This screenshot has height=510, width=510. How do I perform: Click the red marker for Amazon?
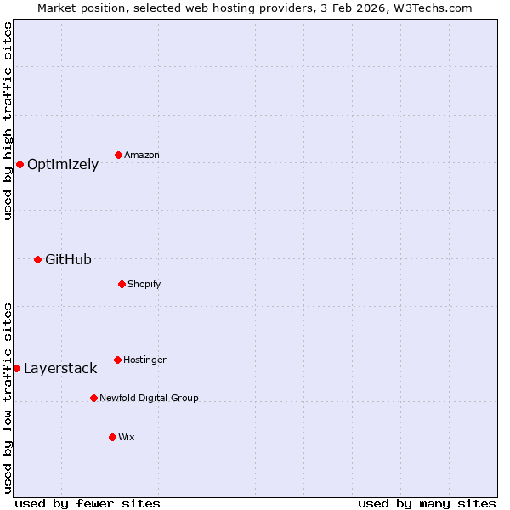point(118,155)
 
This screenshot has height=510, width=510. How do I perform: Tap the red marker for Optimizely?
point(20,164)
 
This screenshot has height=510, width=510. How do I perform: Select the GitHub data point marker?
point(37,259)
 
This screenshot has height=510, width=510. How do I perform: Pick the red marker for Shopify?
point(122,284)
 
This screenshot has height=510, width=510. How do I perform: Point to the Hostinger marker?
point(117,360)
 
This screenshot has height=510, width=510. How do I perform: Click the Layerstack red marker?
point(16,368)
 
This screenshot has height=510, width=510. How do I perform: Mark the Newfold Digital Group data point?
point(93,398)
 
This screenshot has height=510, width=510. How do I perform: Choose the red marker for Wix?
point(112,437)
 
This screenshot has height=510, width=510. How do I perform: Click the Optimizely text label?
point(63,165)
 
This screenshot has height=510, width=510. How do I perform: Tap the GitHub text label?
point(68,260)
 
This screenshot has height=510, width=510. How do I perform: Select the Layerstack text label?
point(60,369)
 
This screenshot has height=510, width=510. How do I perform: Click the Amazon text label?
point(142,156)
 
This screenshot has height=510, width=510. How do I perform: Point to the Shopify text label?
point(144,284)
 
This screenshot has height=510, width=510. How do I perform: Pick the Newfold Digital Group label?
point(149,398)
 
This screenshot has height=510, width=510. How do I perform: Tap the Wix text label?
point(127,437)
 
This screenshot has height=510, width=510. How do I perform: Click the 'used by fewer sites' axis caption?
point(88,503)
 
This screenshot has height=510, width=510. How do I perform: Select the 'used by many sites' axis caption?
point(427,503)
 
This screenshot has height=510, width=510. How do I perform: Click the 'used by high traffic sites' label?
point(8,121)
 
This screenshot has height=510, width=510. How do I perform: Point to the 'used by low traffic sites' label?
point(8,397)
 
